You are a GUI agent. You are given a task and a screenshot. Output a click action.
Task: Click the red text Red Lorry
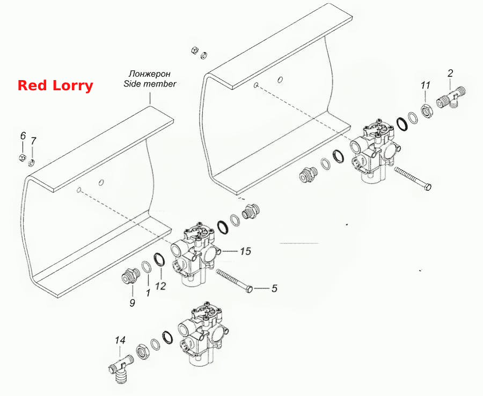coord(55,85)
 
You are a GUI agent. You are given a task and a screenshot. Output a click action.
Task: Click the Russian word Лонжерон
coord(150,74)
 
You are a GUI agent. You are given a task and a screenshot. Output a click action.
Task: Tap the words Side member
coord(150,84)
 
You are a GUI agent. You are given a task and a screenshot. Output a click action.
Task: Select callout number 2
coord(450,73)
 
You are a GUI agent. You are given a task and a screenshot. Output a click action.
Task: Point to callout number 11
coord(426,85)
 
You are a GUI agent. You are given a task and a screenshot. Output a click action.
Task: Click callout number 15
coord(245,251)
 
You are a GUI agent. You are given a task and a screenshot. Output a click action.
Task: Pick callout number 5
coord(274,289)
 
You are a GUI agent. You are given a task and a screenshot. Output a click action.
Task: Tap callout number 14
coord(120,341)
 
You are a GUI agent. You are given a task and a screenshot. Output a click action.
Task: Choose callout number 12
coord(160,286)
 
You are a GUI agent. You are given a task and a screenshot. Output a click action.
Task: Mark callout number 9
coord(132,303)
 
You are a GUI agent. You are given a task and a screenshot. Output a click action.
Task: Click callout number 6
coord(23,136)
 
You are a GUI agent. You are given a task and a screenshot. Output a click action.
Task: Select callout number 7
coord(33,141)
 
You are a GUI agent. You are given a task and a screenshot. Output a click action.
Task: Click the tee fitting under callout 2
coord(451,97)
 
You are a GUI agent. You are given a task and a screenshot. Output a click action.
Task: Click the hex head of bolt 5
coord(250,289)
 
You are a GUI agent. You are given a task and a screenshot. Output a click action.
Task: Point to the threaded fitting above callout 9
coord(130,276)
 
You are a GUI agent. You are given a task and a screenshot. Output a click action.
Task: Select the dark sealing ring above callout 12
coord(159,260)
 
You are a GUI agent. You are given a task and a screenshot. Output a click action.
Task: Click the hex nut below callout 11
coord(427,111)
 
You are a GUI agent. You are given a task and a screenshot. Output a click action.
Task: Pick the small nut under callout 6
coord(22,157)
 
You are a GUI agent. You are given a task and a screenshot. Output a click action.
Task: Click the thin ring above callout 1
coord(147,267)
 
